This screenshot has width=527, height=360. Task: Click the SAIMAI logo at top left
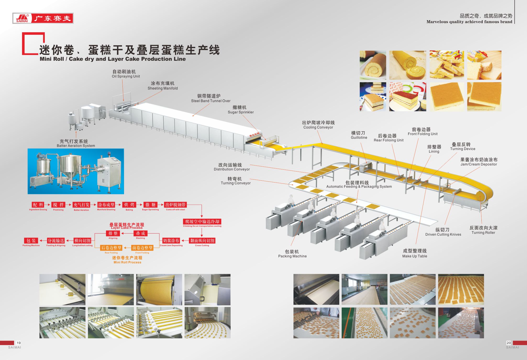(43, 18)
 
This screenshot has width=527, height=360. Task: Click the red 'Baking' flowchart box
(129, 205)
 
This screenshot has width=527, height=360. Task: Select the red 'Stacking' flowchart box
(140, 233)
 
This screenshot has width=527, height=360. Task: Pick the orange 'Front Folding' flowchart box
(142, 248)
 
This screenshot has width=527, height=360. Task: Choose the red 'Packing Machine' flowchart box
(31, 241)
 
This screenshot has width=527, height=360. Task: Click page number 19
(19, 343)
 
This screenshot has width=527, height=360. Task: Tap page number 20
(508, 343)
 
